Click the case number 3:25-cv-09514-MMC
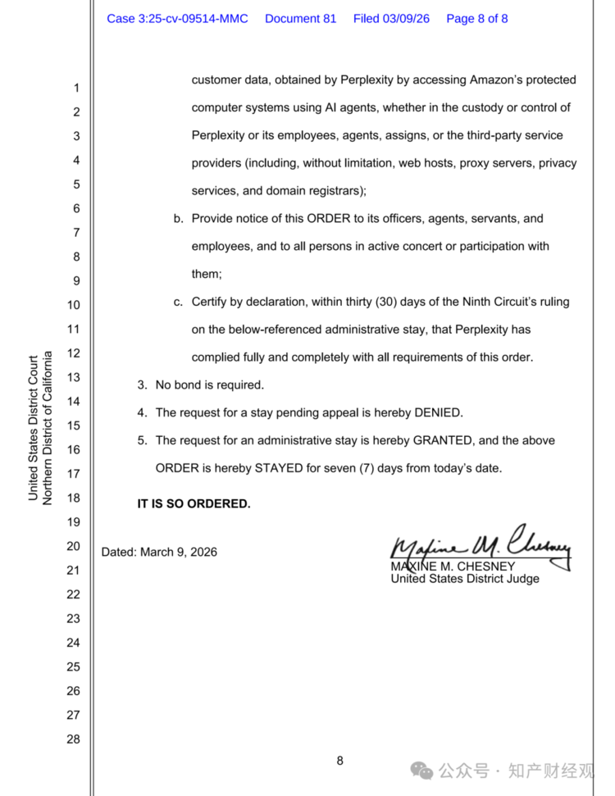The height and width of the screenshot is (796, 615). click(177, 18)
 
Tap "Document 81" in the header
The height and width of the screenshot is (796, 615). click(300, 18)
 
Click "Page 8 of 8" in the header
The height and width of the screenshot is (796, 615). click(476, 18)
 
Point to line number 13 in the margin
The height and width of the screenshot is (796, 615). click(73, 378)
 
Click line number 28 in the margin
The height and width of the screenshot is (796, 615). click(73, 739)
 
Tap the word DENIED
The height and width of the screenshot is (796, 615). click(436, 412)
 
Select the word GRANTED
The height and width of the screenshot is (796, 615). click(443, 440)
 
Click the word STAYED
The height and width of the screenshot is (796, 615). click(262, 468)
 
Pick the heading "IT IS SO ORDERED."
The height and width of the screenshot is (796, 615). click(194, 503)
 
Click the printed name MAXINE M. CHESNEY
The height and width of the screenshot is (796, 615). click(453, 566)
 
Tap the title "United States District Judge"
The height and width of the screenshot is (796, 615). click(465, 579)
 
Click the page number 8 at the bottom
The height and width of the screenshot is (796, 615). click(339, 761)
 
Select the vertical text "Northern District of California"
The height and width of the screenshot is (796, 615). click(48, 428)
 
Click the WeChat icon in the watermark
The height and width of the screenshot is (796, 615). click(422, 770)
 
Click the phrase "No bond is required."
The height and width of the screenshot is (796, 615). click(209, 384)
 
